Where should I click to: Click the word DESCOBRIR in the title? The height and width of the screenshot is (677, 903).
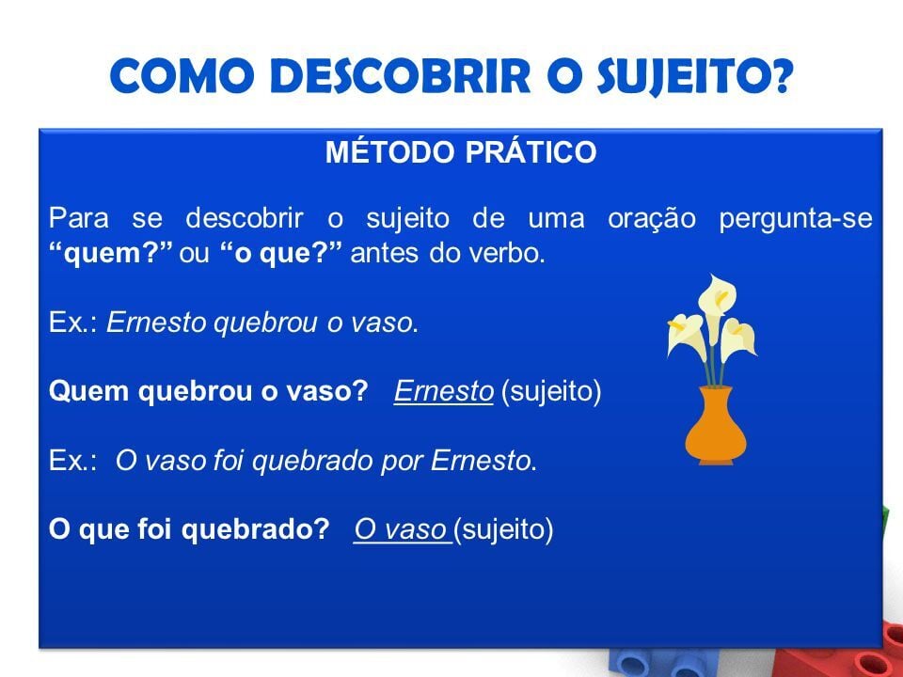click(x=401, y=76)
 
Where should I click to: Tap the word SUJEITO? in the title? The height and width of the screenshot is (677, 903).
click(x=695, y=76)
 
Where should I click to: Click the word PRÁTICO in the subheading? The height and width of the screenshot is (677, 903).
click(x=531, y=152)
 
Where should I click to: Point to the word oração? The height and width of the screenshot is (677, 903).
click(x=651, y=219)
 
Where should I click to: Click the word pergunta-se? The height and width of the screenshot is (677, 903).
click(x=796, y=219)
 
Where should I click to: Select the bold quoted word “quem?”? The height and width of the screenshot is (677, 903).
click(x=111, y=253)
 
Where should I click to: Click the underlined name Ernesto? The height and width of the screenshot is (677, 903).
click(x=443, y=391)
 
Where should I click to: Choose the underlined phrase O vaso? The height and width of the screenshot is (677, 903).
click(x=401, y=529)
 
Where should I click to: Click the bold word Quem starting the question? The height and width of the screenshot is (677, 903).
click(x=88, y=391)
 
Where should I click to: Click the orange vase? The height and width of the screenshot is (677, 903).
click(x=716, y=425)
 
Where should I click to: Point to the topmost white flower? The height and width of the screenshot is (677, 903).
click(x=717, y=292)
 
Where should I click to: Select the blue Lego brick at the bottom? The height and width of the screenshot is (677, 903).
click(x=691, y=662)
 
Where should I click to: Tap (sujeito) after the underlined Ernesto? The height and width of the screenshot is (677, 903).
click(x=552, y=392)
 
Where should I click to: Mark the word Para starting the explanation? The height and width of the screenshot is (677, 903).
click(x=79, y=219)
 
